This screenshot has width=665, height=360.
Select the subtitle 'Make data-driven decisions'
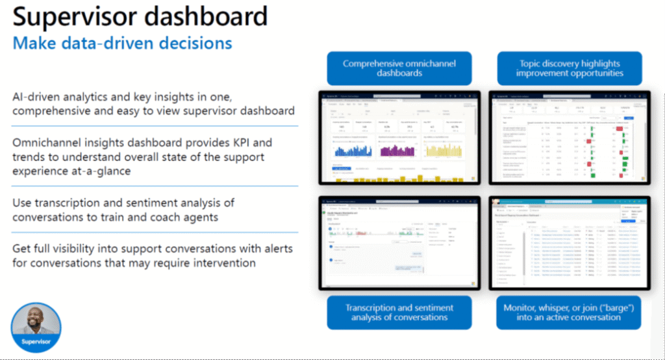pyautogui.click(x=123, y=44)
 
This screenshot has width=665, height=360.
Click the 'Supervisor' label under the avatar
pyautogui.click(x=36, y=341)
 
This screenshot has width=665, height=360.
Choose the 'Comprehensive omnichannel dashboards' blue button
pyautogui.click(x=399, y=68)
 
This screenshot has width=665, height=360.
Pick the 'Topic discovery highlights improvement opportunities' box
pyautogui.click(x=570, y=68)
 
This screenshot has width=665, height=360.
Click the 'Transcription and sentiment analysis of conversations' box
pyautogui.click(x=399, y=312)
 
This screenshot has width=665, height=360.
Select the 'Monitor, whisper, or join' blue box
pyautogui.click(x=570, y=312)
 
